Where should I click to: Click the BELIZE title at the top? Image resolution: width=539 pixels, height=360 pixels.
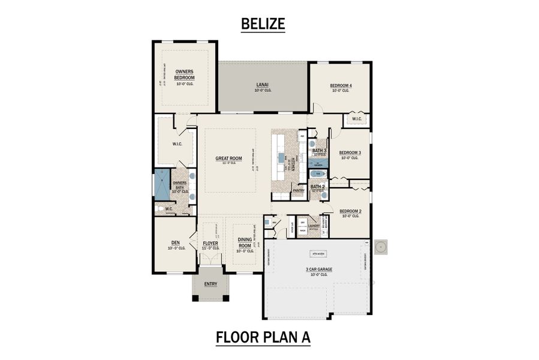(262, 23)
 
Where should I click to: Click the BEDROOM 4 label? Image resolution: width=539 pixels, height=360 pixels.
(341, 86)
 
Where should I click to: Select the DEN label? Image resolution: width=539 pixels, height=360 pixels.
(174, 243)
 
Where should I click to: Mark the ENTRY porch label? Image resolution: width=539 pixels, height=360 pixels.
(210, 284)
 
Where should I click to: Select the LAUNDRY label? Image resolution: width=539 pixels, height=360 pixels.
(314, 226)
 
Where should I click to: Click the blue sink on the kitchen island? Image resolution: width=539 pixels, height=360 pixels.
(280, 159)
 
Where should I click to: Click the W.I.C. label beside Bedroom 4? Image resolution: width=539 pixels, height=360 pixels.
(357, 118)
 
